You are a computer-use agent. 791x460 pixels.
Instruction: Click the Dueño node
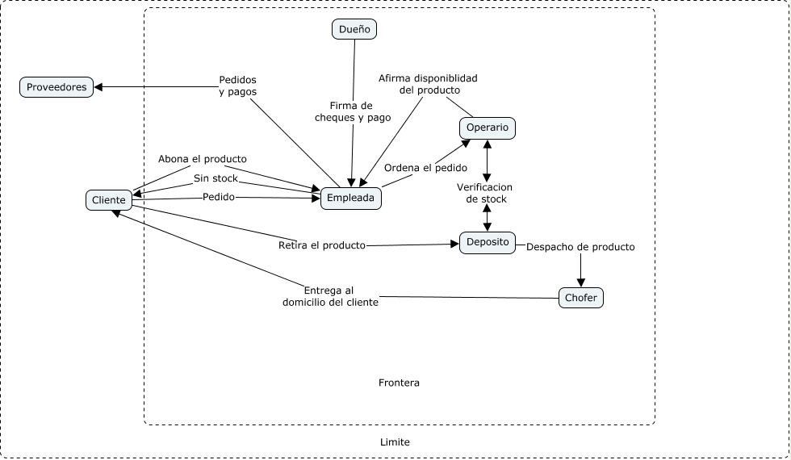coord(354,30)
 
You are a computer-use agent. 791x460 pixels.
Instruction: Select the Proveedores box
coord(56,87)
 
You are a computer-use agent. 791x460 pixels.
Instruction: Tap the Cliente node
coord(109,199)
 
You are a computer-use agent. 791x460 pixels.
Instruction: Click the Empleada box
coord(350,198)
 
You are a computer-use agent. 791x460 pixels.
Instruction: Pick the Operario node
coord(488,128)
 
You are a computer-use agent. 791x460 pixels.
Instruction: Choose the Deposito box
coord(488,242)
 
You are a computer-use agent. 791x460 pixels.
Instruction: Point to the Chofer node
coord(581,298)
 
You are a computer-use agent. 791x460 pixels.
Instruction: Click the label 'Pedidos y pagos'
coord(238,86)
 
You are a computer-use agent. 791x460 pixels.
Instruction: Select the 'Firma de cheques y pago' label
coord(353,111)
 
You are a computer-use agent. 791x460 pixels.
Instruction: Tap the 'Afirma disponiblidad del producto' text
coord(429,84)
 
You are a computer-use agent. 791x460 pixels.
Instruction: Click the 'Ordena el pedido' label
coord(425,168)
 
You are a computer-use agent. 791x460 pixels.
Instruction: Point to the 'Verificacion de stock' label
coord(487,193)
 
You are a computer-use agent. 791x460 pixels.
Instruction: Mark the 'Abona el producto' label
coord(203,159)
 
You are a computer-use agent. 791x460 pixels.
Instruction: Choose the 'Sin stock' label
coord(216,178)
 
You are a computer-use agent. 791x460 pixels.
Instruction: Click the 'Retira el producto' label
coord(322,245)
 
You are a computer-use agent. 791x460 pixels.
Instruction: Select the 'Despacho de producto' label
coord(580,247)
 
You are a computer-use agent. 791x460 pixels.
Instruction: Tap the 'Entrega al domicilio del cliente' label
coord(330,296)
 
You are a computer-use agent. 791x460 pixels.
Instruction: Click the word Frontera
coord(399,383)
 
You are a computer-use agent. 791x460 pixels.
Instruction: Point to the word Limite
coord(395,442)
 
